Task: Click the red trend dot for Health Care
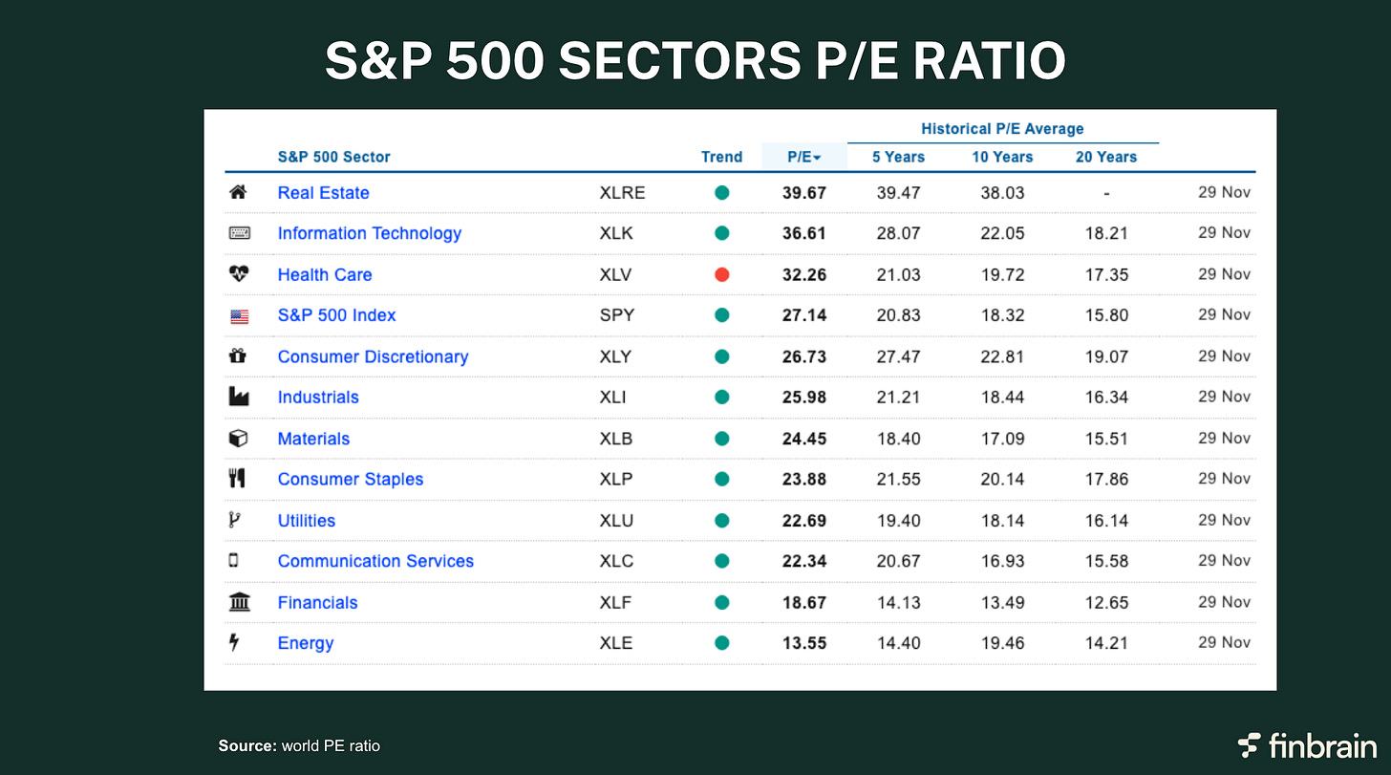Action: click(721, 274)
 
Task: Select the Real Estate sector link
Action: click(323, 192)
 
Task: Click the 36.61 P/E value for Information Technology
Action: click(803, 233)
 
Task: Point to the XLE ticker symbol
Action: click(615, 643)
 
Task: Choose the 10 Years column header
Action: click(1002, 157)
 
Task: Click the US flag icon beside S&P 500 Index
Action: click(239, 316)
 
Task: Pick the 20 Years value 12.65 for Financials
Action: click(1105, 602)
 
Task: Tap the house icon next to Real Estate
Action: click(239, 192)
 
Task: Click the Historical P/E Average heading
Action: click(1002, 128)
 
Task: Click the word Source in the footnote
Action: click(246, 745)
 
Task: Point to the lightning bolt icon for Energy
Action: click(234, 643)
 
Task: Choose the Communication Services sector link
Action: click(375, 561)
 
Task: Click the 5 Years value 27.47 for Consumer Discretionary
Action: click(898, 356)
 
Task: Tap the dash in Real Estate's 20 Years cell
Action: click(1105, 193)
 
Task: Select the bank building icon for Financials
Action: click(239, 602)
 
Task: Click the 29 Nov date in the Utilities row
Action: click(1224, 520)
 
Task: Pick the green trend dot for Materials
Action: click(721, 439)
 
